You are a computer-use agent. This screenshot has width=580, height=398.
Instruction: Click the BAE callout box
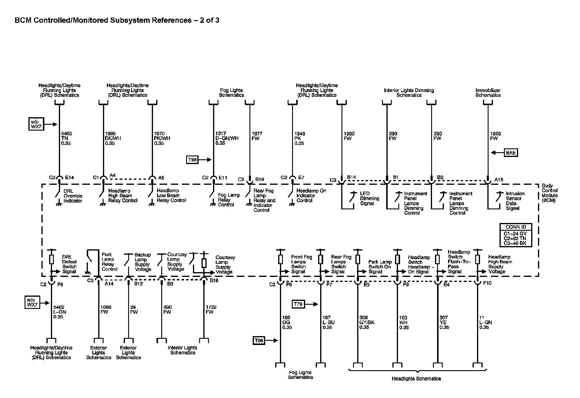pyautogui.click(x=511, y=153)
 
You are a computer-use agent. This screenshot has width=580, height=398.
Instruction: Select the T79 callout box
pyautogui.click(x=298, y=304)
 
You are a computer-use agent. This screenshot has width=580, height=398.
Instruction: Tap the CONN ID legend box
pyautogui.click(x=515, y=235)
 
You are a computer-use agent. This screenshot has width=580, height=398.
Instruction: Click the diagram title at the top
pyautogui.click(x=117, y=20)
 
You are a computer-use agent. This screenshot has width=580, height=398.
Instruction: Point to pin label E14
pyautogui.click(x=70, y=178)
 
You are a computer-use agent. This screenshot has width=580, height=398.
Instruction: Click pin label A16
pyautogui.click(x=499, y=179)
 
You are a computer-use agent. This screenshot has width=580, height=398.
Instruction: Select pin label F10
pyautogui.click(x=487, y=283)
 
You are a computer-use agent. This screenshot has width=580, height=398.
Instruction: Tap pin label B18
pyautogui.click(x=214, y=280)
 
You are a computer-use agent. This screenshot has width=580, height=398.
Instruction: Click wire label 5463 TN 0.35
pyautogui.click(x=66, y=138)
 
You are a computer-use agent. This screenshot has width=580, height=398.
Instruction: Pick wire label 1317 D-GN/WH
pyautogui.click(x=227, y=138)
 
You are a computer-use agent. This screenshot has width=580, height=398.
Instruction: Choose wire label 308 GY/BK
pyautogui.click(x=367, y=322)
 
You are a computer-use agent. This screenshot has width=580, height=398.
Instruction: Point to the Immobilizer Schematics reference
pyautogui.click(x=488, y=93)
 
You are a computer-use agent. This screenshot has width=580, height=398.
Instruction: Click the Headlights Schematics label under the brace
pyautogui.click(x=416, y=378)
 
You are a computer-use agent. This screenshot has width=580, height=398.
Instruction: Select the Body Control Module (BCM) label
pyautogui.click(x=550, y=193)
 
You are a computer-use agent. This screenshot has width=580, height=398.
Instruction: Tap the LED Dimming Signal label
pyautogui.click(x=370, y=198)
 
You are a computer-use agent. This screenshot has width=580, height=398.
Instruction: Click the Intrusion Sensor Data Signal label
pyautogui.click(x=515, y=201)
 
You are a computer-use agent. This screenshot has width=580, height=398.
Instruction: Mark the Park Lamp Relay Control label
pyautogui.click(x=109, y=262)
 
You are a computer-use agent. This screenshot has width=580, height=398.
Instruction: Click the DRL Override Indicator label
pyautogui.click(x=73, y=196)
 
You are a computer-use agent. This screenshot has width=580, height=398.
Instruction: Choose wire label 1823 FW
pyautogui.click(x=494, y=136)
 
